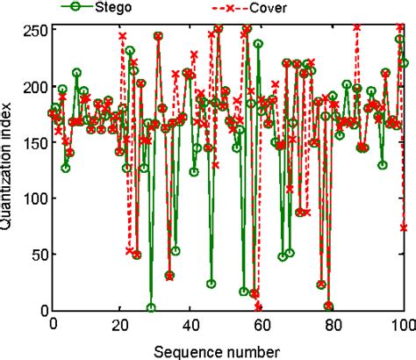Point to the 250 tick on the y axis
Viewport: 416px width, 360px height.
tap(32, 30)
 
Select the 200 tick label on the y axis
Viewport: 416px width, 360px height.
tap(32, 87)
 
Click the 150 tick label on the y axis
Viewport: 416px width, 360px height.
tap(32, 142)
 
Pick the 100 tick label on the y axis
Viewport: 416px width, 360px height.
tap(32, 198)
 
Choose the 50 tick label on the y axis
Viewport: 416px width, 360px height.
tap(36, 255)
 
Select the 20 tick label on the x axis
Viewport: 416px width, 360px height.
tap(123, 324)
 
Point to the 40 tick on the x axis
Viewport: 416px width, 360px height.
tap(193, 324)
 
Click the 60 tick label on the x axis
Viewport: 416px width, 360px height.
tap(263, 324)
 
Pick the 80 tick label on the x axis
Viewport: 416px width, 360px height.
tap(334, 324)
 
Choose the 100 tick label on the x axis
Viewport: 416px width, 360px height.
tap(402, 324)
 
